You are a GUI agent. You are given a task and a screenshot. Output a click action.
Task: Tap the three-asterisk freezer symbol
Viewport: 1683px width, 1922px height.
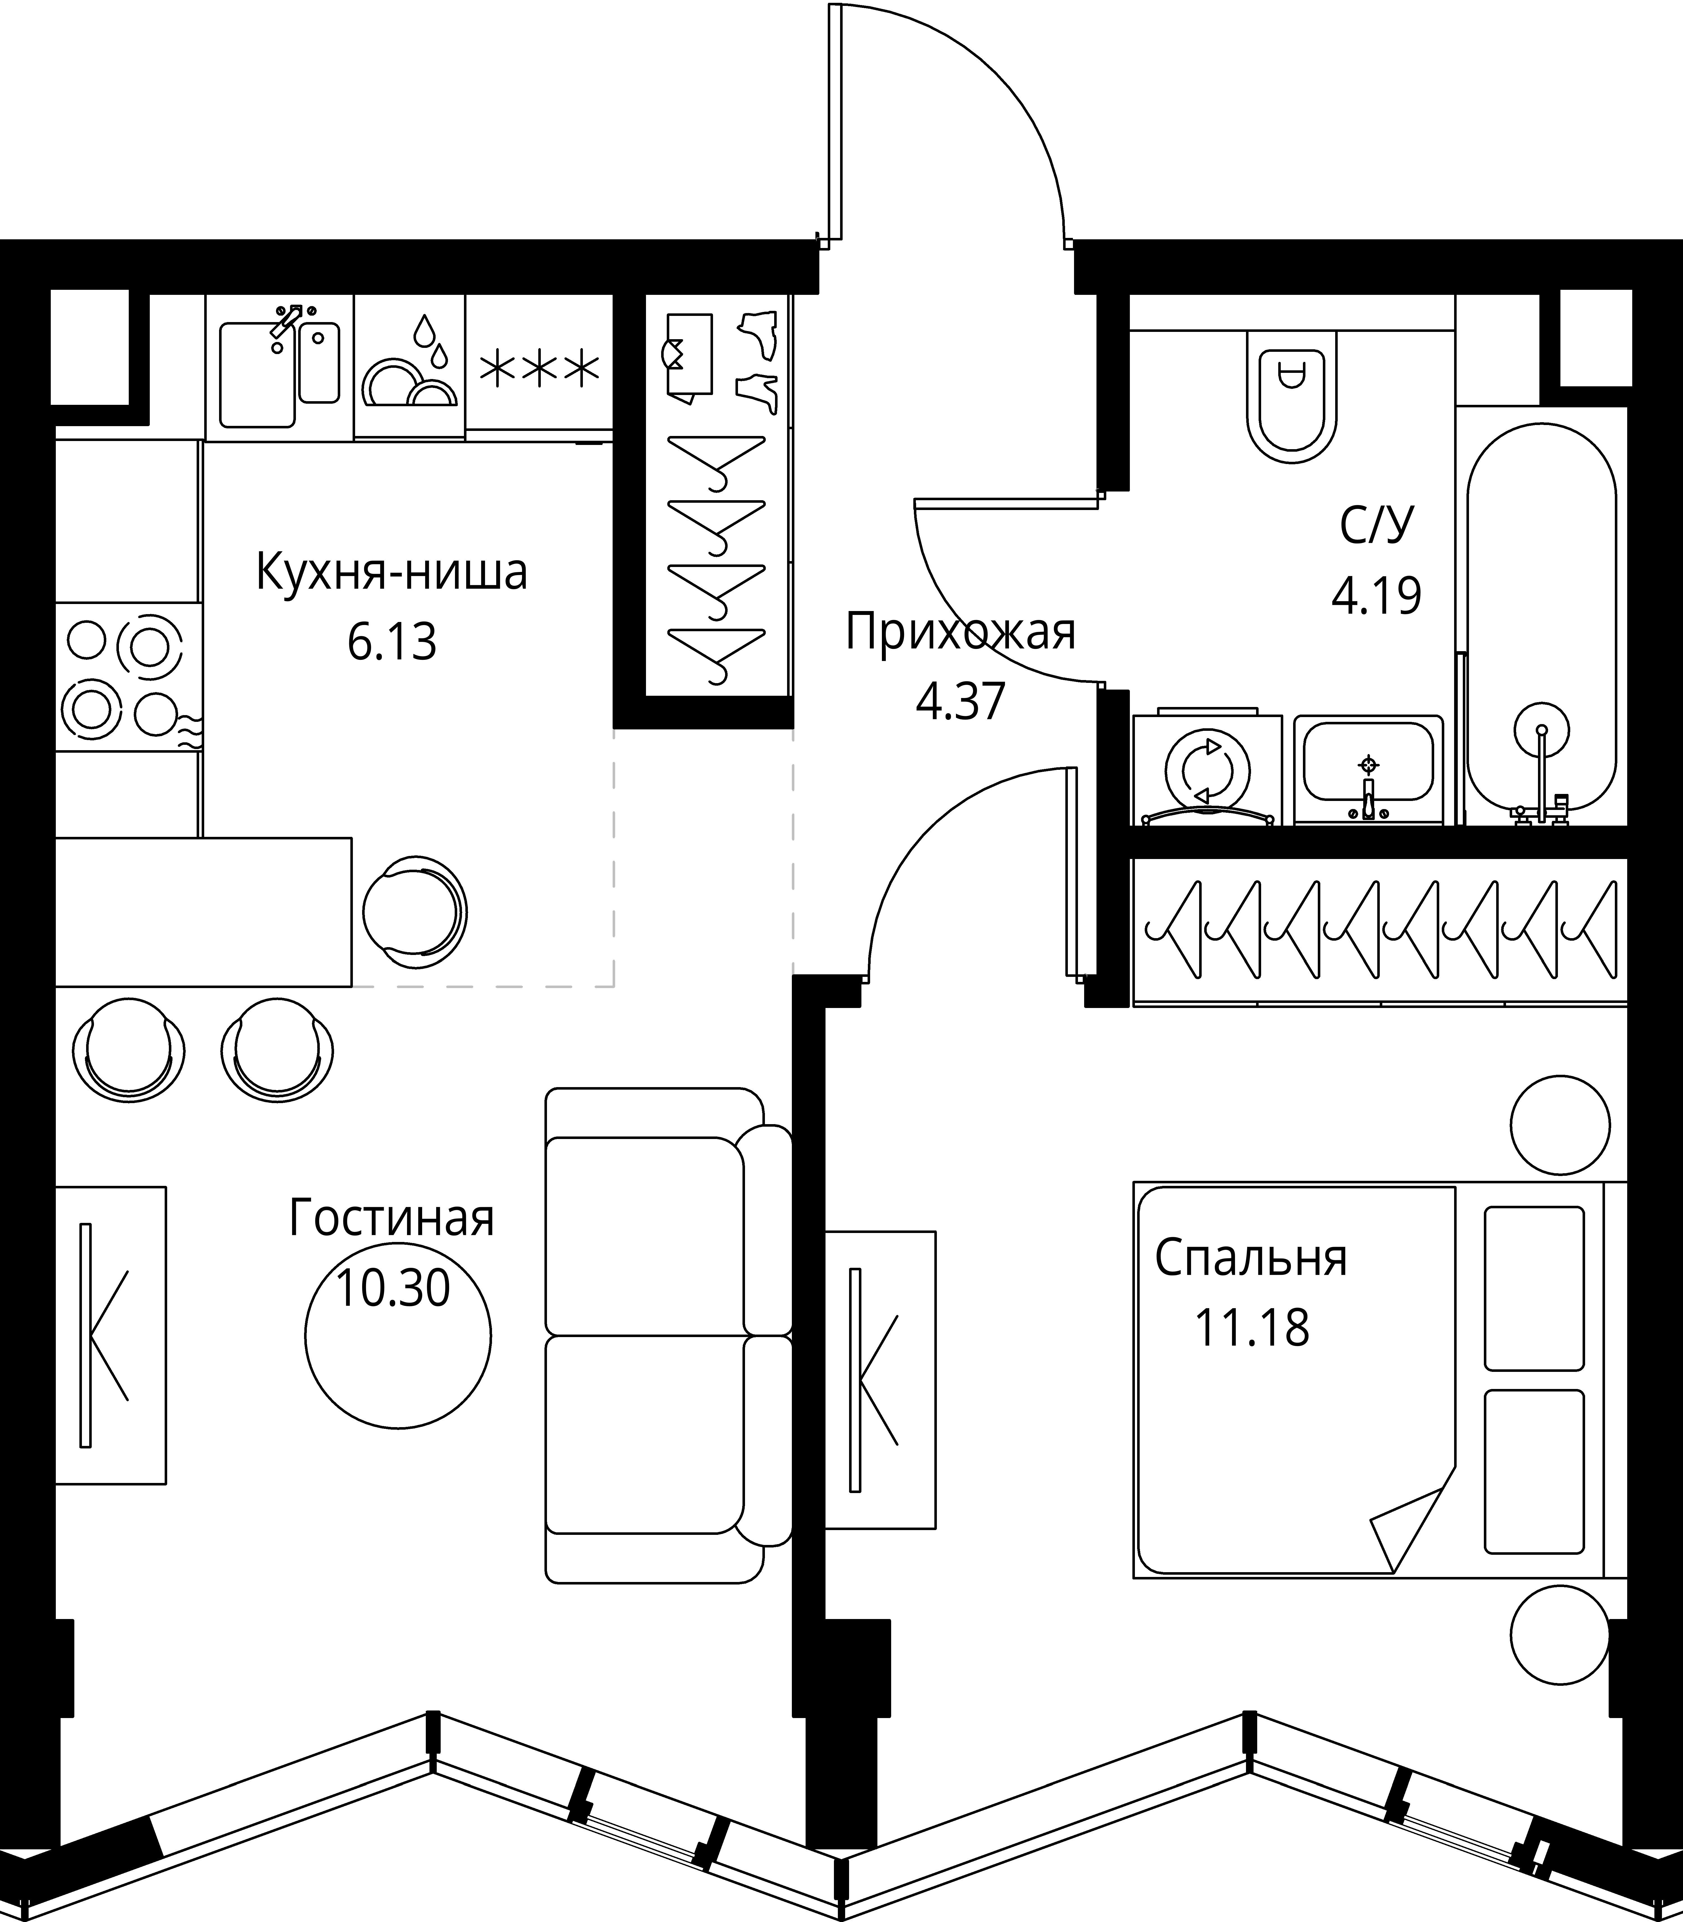[x=538, y=369]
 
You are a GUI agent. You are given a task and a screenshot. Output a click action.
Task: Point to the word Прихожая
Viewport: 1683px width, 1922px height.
[x=960, y=633]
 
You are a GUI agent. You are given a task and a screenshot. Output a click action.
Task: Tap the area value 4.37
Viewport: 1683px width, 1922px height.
[x=960, y=701]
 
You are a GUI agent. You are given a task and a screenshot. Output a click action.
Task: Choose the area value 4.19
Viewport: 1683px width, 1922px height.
[x=1376, y=595]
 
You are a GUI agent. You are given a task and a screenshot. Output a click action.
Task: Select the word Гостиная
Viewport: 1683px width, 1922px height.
[x=392, y=1218]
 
